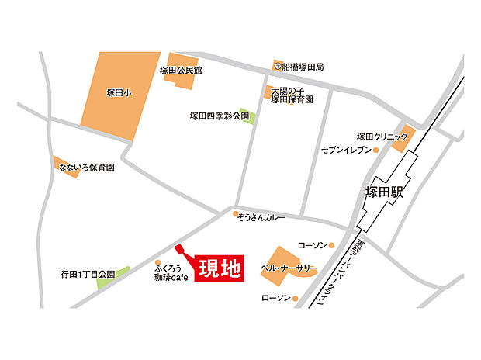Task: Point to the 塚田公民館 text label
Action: click(180, 71)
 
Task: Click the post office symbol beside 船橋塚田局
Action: click(277, 67)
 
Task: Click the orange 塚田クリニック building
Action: click(400, 141)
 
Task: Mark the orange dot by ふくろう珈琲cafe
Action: click(157, 261)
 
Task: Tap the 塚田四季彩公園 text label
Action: click(220, 117)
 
